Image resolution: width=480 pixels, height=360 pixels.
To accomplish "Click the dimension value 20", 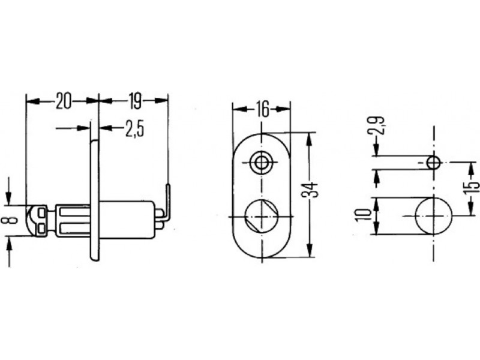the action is (x=64, y=101).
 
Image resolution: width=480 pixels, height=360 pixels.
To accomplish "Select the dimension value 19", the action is (x=135, y=101).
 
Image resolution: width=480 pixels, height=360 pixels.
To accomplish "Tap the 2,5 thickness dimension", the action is (x=134, y=128).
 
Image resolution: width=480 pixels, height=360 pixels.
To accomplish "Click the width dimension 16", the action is (x=263, y=110).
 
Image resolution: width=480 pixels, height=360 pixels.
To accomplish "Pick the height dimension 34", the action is (x=310, y=190).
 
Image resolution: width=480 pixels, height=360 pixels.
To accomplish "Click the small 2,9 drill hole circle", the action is (x=434, y=163).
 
